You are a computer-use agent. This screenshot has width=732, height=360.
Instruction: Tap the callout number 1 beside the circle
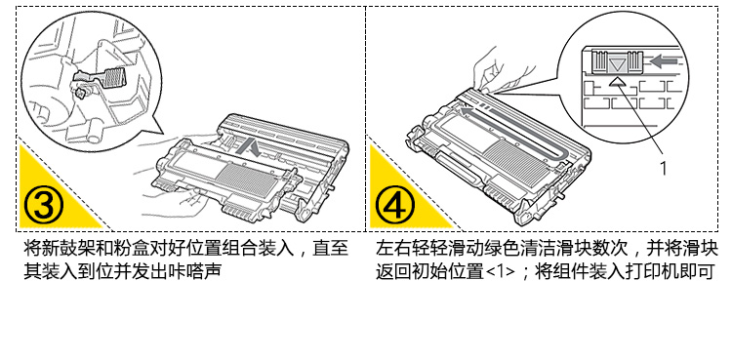pos(663,168)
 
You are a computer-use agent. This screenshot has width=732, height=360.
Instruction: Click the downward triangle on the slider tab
pos(618,64)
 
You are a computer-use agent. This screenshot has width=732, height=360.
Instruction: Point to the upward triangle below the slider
pos(618,82)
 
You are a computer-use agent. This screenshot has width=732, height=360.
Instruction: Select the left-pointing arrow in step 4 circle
pos(664,61)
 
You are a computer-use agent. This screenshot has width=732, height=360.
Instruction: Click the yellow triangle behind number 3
pos(52,196)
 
